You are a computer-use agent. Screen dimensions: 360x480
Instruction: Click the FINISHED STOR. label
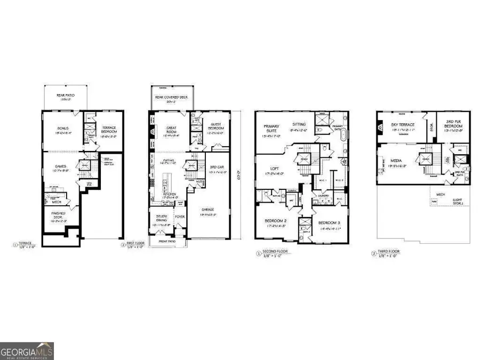pos(58,214)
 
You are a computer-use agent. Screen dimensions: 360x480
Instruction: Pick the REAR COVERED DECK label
pos(171,97)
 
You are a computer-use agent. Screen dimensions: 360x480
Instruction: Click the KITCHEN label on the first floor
pos(170,194)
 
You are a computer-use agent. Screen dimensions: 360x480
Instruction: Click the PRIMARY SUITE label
pos(269,129)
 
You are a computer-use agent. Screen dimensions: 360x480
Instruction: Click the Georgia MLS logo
pos(27,351)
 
